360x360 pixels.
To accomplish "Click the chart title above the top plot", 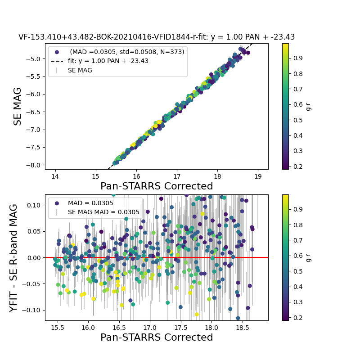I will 157,37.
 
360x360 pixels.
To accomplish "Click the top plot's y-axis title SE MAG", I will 18,106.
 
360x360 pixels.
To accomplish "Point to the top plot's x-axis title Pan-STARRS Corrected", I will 157,186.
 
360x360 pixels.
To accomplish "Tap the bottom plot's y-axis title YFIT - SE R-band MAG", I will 14,257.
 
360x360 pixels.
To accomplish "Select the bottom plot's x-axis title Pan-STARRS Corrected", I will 157,337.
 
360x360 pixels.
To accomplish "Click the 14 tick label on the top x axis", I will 55,176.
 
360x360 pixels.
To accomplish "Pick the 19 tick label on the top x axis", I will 258,176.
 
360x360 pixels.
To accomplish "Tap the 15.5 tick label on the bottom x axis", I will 57,327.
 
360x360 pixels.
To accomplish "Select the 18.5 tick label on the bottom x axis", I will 242,327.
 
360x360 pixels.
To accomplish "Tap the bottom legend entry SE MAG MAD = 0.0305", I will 103,212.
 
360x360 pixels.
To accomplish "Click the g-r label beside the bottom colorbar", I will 308,257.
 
